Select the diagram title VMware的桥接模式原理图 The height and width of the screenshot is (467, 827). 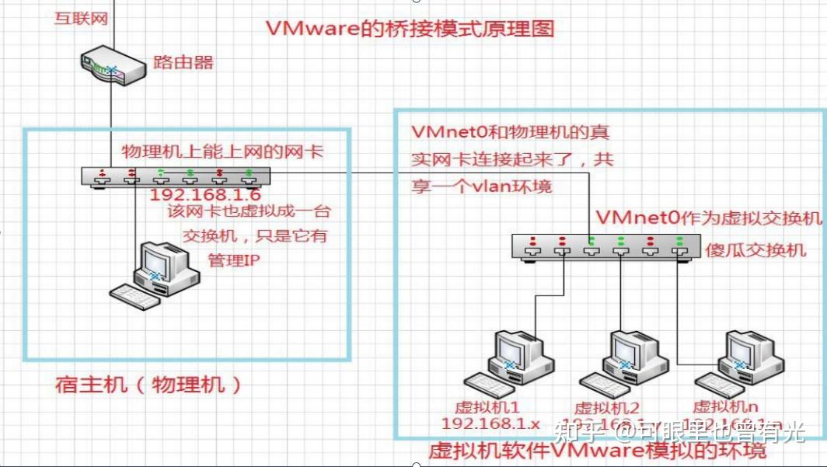tap(410, 30)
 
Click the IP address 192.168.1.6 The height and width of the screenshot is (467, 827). tap(205, 195)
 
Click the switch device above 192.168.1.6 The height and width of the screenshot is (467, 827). tap(176, 176)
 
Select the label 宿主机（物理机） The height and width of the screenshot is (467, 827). tap(148, 385)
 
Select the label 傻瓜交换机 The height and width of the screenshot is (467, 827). tap(756, 250)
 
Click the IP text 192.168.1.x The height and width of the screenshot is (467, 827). tap(490, 423)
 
